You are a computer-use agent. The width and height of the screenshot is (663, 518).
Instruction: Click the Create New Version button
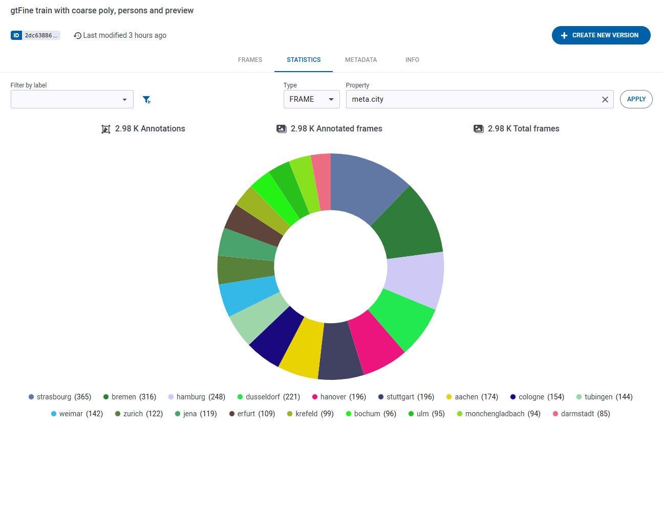601,35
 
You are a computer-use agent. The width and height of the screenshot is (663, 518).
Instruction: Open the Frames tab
250,60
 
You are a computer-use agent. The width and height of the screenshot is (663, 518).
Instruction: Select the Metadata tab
360,60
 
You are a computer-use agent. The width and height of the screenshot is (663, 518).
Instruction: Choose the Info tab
412,60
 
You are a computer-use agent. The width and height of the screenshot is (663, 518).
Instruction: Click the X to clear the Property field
605,100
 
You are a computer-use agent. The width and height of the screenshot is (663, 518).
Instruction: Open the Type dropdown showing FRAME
311,99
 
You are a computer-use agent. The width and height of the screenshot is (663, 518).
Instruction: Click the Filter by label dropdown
72,100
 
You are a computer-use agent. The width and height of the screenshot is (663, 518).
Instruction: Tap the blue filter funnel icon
146,100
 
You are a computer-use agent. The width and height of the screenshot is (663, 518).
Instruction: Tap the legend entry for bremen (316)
130,397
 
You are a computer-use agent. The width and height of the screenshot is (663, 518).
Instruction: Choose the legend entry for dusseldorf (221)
268,397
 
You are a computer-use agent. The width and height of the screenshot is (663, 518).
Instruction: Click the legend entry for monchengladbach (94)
498,414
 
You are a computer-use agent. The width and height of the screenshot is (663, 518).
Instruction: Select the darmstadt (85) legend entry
581,414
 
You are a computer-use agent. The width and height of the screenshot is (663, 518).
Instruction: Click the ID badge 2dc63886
35,35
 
